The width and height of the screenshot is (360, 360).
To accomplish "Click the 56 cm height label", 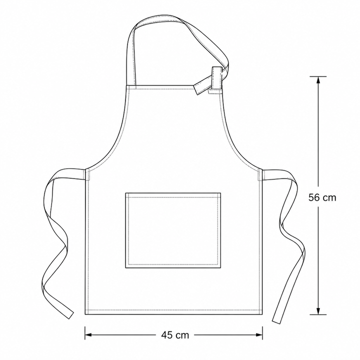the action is coord(322,197).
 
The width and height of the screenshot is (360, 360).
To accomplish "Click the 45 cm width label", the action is coord(175,335).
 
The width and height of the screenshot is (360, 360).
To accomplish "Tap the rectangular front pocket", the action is coord(173,230).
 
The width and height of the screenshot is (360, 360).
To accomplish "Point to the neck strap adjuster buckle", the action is coord(216,78).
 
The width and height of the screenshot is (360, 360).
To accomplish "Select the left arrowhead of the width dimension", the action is coord(88,334).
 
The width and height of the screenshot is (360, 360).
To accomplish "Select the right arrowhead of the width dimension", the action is coord(259,334).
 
